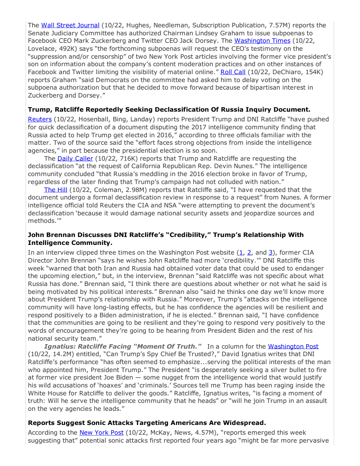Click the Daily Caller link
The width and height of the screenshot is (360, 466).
[75, 158]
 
